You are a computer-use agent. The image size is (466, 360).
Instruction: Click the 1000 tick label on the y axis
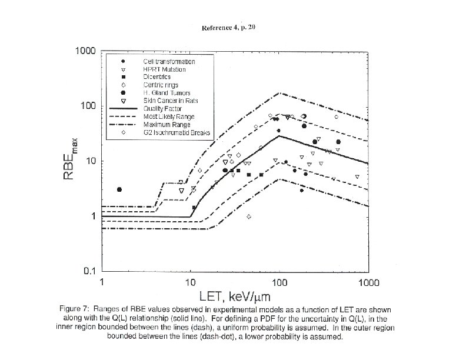point(85,51)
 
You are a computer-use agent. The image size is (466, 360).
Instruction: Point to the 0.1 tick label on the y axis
point(89,271)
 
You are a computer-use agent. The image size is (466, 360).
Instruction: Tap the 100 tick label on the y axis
point(88,106)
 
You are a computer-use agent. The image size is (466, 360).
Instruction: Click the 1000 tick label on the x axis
point(368,282)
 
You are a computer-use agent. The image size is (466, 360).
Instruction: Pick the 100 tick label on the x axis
point(279,282)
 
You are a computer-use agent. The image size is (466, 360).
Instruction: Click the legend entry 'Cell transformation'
point(169,62)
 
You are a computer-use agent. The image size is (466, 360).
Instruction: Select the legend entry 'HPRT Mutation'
point(164,69)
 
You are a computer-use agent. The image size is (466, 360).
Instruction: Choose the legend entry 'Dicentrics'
point(157,77)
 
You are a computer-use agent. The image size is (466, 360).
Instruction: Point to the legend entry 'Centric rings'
point(160,85)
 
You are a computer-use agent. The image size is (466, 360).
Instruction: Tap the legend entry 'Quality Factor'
point(162,109)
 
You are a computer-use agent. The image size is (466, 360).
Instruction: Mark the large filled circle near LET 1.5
point(119,189)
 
